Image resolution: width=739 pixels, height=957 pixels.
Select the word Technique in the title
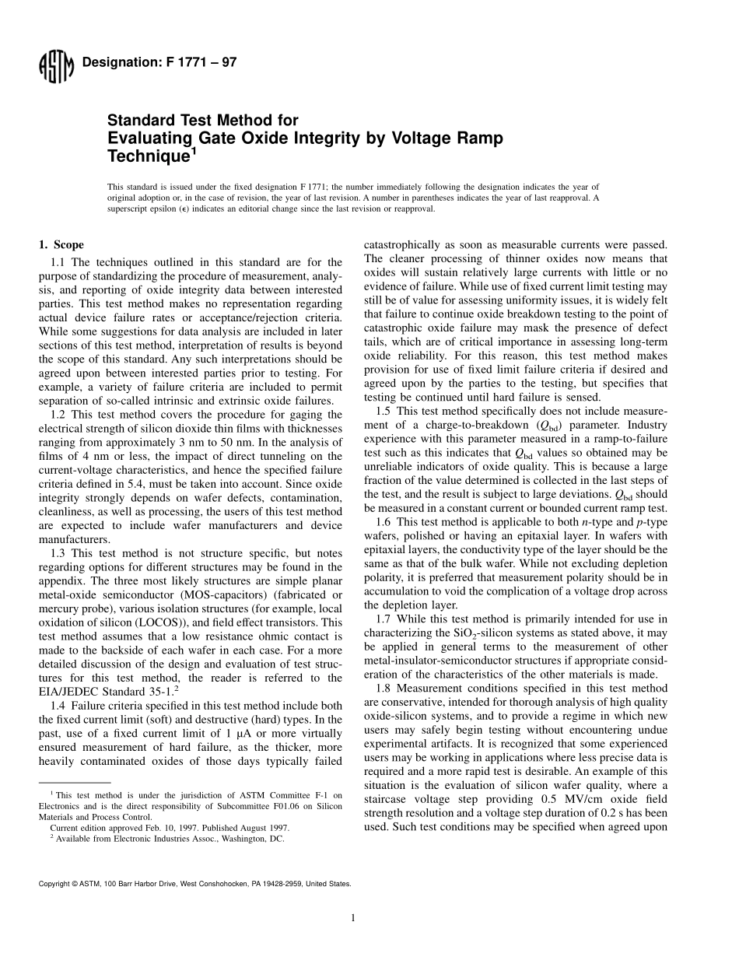click(147, 156)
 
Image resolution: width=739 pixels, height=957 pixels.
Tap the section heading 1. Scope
click(61, 244)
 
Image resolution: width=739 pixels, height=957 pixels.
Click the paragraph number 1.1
click(59, 262)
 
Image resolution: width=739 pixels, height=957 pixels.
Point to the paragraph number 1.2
click(59, 414)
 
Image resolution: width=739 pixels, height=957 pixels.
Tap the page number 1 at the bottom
click(352, 918)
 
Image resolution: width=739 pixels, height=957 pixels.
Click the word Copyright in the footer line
click(54, 884)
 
